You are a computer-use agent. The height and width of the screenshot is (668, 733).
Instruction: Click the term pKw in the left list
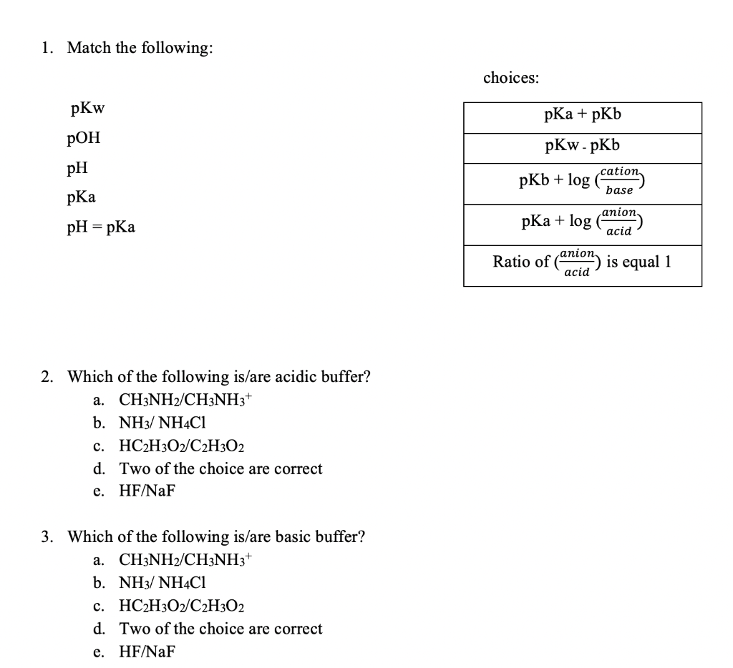pos(87,109)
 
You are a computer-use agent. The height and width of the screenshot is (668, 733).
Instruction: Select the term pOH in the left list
pos(84,139)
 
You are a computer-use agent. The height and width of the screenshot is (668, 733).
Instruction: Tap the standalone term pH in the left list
pos(77,169)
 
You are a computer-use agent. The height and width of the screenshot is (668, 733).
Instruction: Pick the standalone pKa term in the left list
pos(80,197)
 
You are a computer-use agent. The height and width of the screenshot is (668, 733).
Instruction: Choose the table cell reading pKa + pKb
pos(582,114)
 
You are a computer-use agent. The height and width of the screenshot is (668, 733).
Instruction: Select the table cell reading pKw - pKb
pos(582,146)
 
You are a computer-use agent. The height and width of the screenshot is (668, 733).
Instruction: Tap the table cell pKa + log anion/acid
pos(582,222)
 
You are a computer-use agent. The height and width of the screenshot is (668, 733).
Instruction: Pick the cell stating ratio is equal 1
pos(582,263)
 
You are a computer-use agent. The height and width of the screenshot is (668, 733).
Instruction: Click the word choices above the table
pos(511,78)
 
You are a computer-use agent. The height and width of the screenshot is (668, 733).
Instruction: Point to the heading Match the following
pos(140,49)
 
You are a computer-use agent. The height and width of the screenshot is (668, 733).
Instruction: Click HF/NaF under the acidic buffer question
pos(147,491)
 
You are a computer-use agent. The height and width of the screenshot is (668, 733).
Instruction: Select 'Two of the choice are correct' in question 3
pos(220,629)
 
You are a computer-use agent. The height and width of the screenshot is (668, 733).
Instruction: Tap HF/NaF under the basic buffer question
pos(147,652)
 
